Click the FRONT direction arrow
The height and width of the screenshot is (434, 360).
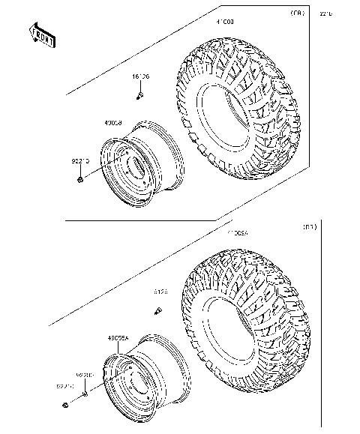pos(42,34)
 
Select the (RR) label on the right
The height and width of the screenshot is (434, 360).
pos(308,226)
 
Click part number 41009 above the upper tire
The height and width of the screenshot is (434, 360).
pos(226,23)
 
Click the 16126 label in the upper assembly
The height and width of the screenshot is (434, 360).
pos(141,77)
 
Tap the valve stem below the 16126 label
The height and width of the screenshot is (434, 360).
pos(139,95)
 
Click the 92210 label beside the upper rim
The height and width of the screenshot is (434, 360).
pos(81,160)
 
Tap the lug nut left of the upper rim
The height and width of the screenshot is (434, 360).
pos(79,180)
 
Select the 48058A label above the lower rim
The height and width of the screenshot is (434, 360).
pos(119,338)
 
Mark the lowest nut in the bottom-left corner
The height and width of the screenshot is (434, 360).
pos(67,406)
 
